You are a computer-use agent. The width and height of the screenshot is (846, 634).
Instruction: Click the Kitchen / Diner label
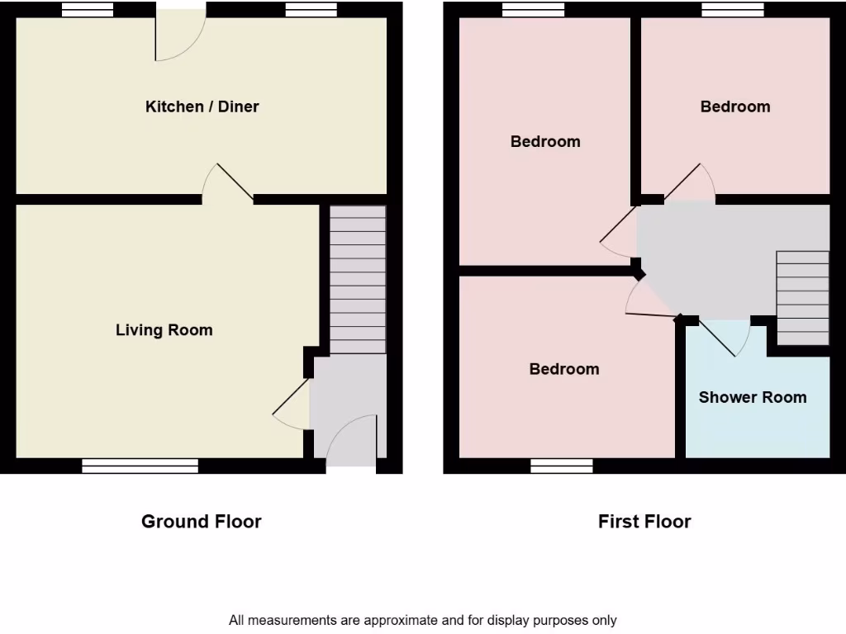pyautogui.click(x=202, y=106)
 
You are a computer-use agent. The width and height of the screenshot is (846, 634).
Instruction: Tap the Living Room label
pyautogui.click(x=164, y=330)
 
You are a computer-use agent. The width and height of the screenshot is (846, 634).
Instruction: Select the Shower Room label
pyautogui.click(x=753, y=397)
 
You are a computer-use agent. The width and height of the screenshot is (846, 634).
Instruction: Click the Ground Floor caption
pyautogui.click(x=202, y=521)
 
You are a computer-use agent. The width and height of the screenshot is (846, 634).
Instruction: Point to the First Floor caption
pyautogui.click(x=644, y=521)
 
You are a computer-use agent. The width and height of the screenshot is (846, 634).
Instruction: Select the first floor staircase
pyautogui.click(x=802, y=297)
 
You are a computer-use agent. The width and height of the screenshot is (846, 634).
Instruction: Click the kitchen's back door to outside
pyautogui.click(x=179, y=35)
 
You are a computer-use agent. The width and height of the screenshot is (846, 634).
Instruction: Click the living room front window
pyautogui.click(x=140, y=466)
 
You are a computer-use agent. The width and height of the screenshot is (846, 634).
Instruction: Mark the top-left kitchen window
pyautogui.click(x=88, y=10)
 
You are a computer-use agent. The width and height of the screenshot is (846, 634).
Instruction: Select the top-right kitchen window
pyautogui.click(x=311, y=10)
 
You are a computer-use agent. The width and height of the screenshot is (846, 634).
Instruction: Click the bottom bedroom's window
pyautogui.click(x=562, y=466)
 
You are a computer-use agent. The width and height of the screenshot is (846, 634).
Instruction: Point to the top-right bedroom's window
pyautogui.click(x=733, y=10)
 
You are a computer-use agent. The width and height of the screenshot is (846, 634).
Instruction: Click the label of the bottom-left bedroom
pyautogui.click(x=564, y=369)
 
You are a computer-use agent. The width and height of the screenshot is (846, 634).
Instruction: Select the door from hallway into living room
pyautogui.click(x=291, y=406)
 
